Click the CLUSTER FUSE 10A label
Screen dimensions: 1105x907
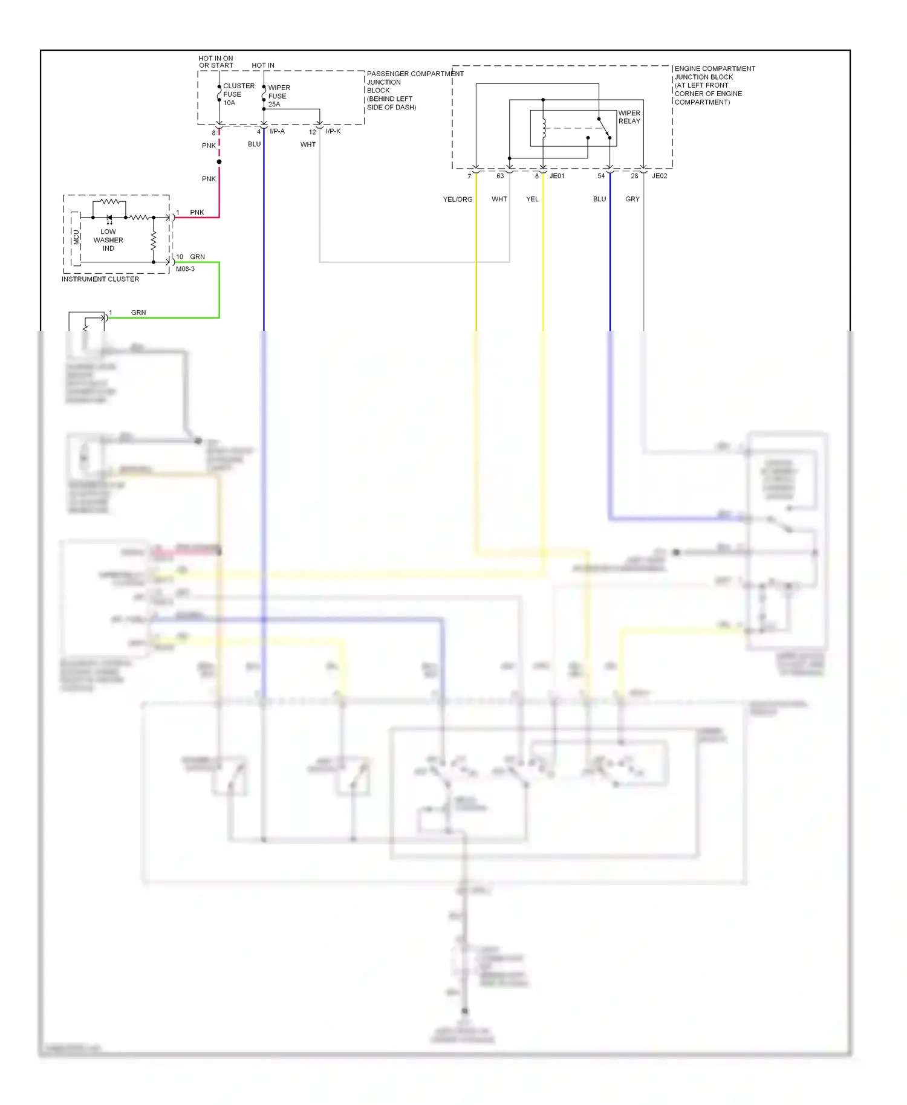click(x=238, y=94)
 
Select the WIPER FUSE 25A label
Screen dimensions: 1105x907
click(x=278, y=96)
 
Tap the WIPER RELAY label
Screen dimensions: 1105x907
click(x=629, y=117)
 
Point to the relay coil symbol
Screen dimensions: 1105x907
click(x=544, y=128)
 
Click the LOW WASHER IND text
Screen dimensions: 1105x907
click(x=108, y=240)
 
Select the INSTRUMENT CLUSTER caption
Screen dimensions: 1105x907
click(x=100, y=279)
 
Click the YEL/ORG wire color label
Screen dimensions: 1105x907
click(x=458, y=199)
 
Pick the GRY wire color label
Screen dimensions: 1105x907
click(x=632, y=199)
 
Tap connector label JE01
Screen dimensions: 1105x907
click(x=557, y=176)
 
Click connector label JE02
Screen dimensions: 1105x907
click(x=660, y=176)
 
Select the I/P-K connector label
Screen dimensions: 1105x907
click(x=333, y=131)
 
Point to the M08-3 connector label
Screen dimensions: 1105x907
click(x=185, y=269)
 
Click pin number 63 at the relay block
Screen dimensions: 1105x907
click(x=500, y=176)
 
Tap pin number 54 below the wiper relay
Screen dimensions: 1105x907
click(x=601, y=176)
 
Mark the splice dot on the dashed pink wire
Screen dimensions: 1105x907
click(x=219, y=162)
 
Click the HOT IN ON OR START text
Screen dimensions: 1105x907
click(x=216, y=62)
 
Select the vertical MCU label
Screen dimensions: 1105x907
click(x=77, y=237)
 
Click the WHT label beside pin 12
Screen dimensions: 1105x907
click(x=308, y=144)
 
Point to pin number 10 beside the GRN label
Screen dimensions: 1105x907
click(x=180, y=257)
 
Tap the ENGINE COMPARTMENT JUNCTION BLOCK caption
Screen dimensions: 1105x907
click(x=714, y=85)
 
